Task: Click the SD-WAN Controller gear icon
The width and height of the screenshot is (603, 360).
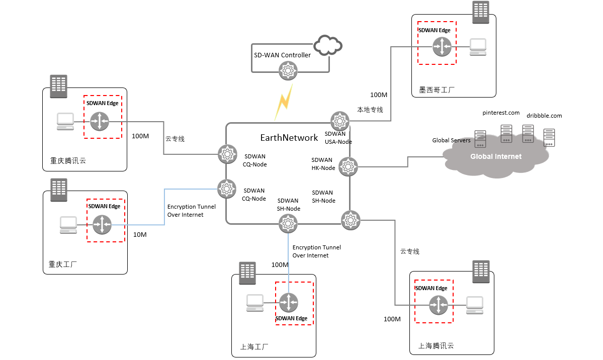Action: click(x=288, y=70)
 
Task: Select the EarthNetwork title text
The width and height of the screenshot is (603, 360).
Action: click(x=289, y=137)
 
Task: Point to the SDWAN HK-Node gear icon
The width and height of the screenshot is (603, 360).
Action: click(x=348, y=166)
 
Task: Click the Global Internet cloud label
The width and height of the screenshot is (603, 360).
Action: click(x=495, y=156)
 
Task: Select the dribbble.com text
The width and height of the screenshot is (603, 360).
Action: click(x=544, y=116)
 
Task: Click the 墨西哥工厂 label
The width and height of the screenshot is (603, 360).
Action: click(x=437, y=90)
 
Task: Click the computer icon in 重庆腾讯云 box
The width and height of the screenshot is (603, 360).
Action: click(x=65, y=122)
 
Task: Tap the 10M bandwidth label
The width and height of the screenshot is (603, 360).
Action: click(x=140, y=235)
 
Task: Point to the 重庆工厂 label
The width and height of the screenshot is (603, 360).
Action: click(x=63, y=264)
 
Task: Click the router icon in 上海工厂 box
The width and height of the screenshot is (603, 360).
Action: click(x=289, y=303)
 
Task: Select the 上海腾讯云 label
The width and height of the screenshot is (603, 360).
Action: click(x=436, y=346)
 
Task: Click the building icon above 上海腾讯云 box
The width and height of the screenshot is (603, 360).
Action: click(x=480, y=272)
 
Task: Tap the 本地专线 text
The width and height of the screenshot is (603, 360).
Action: click(x=370, y=110)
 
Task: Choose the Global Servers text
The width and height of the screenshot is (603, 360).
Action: click(x=451, y=140)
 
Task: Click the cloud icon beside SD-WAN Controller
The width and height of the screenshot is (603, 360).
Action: click(x=327, y=45)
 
